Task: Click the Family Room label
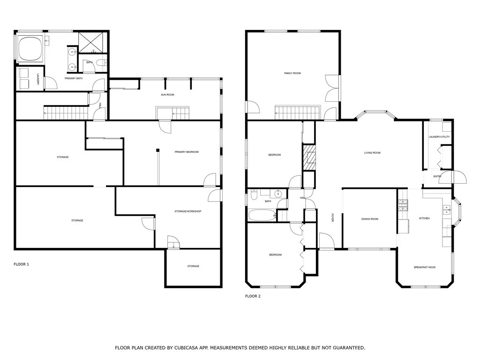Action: [292, 73]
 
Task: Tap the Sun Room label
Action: [167, 95]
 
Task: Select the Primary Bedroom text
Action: [187, 152]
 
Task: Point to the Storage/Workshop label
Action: [187, 211]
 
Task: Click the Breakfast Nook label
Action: [424, 267]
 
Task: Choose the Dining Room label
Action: [369, 219]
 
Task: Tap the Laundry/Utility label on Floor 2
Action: [439, 137]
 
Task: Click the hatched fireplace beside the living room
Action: [309, 157]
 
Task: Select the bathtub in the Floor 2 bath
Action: [262, 216]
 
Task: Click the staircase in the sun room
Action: [172, 113]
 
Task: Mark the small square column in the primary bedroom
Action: [158, 150]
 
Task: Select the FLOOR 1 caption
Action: [21, 264]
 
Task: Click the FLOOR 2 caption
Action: [253, 296]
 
